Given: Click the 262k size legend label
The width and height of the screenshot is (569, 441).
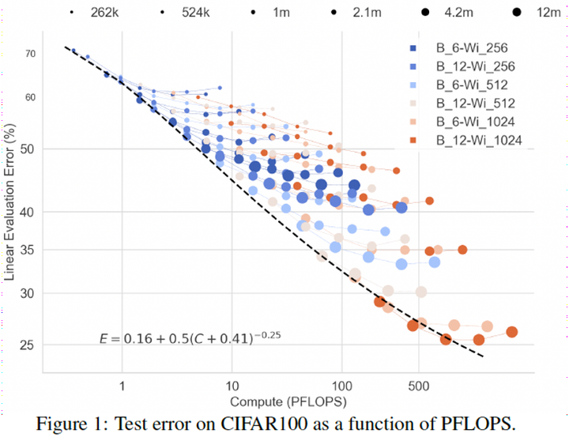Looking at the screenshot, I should click(104, 13).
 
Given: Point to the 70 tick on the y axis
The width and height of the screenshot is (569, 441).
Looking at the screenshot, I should click(30, 54).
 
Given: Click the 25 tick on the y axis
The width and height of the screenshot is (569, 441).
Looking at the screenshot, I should click(30, 345).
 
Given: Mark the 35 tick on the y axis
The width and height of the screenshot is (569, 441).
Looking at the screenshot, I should click(30, 250).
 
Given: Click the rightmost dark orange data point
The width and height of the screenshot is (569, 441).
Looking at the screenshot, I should click(511, 332).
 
